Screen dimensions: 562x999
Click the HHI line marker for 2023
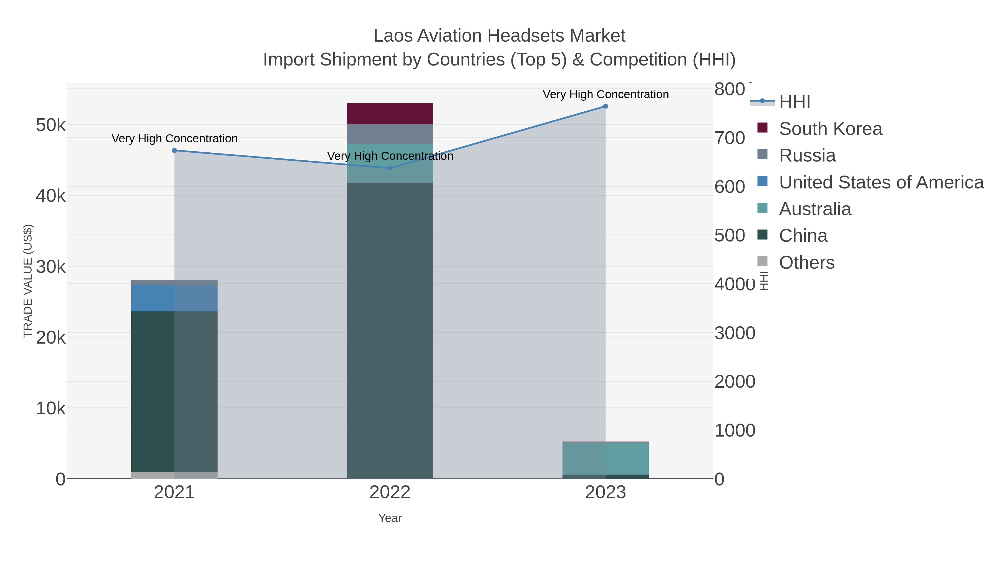606,106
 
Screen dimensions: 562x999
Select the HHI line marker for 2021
175,150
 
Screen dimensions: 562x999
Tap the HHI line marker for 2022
390,168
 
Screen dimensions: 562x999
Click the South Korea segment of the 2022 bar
390,114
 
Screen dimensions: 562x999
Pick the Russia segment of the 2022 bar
390,134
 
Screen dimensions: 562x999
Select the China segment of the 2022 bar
390,330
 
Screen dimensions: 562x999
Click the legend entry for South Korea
830,129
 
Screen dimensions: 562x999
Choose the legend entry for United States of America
880,182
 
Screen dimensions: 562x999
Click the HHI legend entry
794,102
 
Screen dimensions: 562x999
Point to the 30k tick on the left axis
51,267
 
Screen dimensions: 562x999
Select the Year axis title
390,518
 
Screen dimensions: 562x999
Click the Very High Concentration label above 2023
606,94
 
